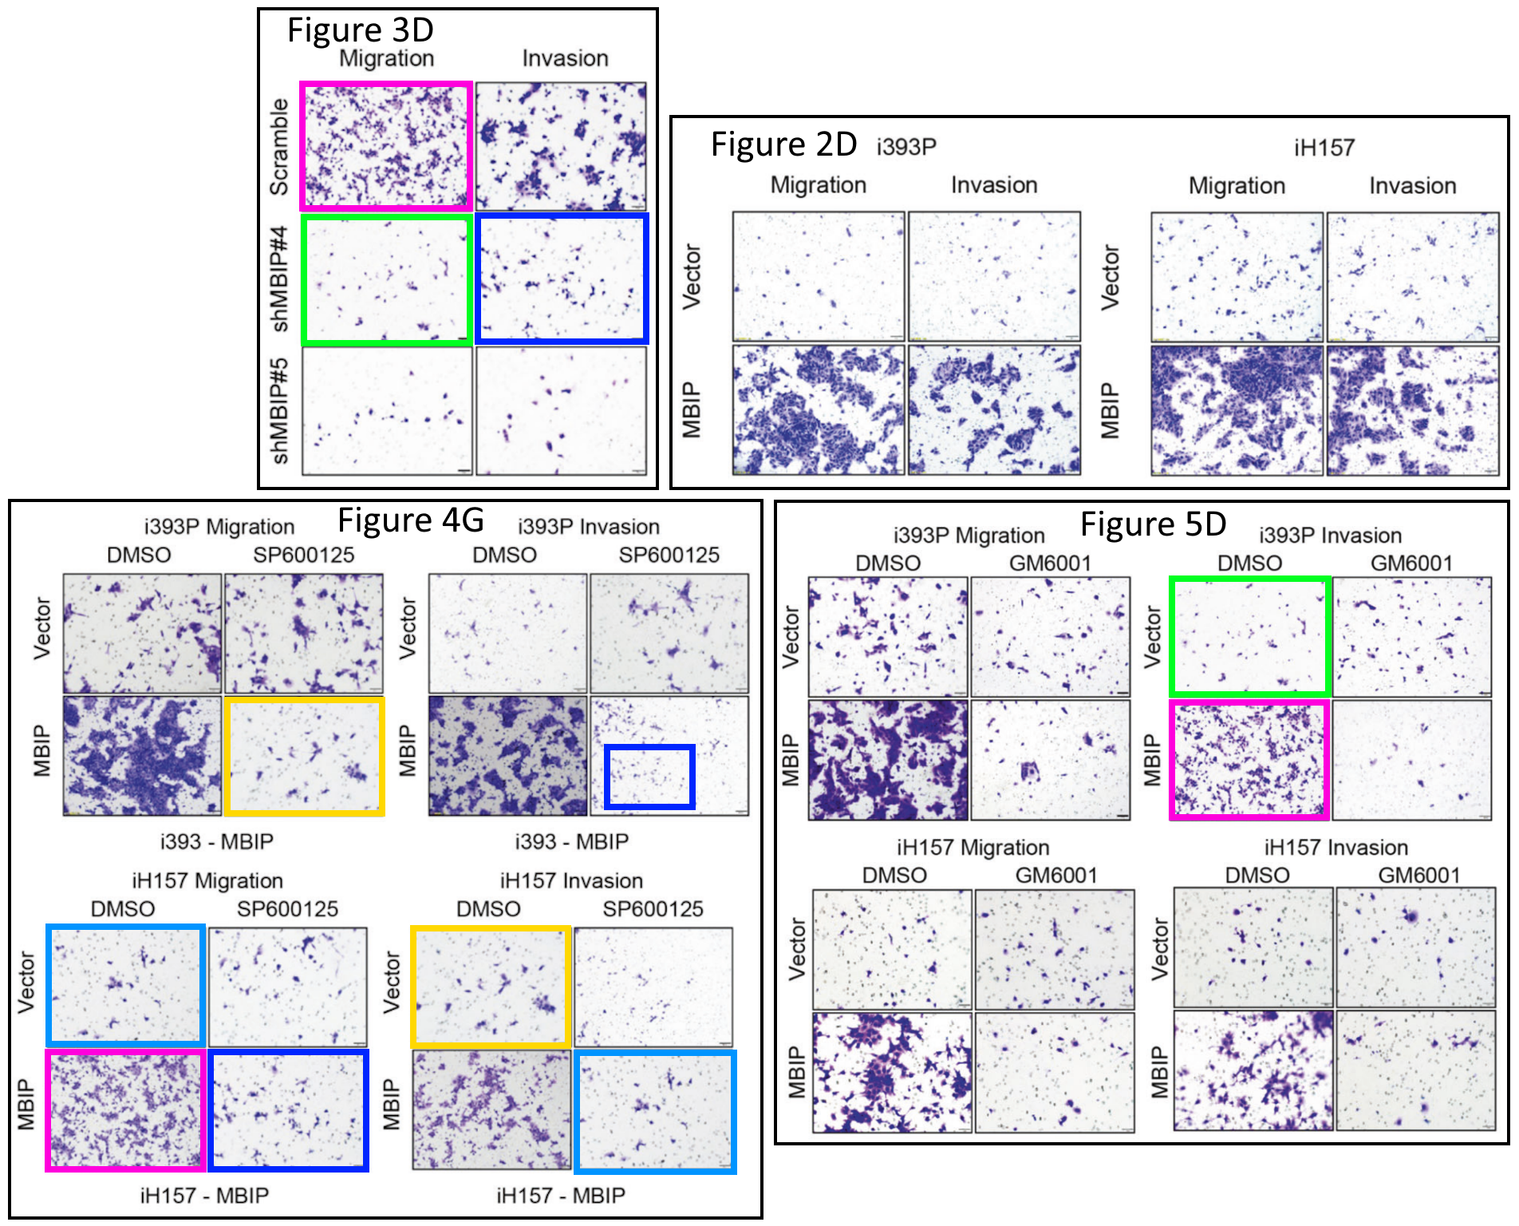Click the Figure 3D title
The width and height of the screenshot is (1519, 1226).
[360, 30]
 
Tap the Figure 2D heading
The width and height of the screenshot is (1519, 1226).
[783, 144]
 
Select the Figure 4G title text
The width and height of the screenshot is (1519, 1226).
[411, 520]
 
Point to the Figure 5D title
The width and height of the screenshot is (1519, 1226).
[1153, 524]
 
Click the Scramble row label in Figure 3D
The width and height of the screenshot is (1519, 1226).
[279, 147]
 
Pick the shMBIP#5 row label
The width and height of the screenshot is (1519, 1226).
[279, 410]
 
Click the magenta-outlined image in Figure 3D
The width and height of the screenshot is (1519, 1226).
[386, 146]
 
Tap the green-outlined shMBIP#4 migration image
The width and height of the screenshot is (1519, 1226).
[387, 279]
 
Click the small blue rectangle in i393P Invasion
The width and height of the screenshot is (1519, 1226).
[649, 777]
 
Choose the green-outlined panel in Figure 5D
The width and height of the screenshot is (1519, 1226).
[1249, 636]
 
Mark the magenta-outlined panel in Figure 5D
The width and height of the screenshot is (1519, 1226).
[1249, 759]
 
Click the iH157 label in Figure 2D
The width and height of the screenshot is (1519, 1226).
[1324, 148]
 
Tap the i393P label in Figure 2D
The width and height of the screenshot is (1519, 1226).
[906, 147]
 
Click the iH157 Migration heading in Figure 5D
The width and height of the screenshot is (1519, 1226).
[973, 848]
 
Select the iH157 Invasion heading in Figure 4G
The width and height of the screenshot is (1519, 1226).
[571, 880]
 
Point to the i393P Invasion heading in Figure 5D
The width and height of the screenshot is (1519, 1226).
[1330, 536]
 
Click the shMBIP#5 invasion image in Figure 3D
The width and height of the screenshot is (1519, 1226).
[562, 411]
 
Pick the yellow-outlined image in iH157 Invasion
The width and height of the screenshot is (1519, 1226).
[491, 987]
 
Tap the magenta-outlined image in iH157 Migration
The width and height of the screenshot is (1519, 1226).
[126, 1110]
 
